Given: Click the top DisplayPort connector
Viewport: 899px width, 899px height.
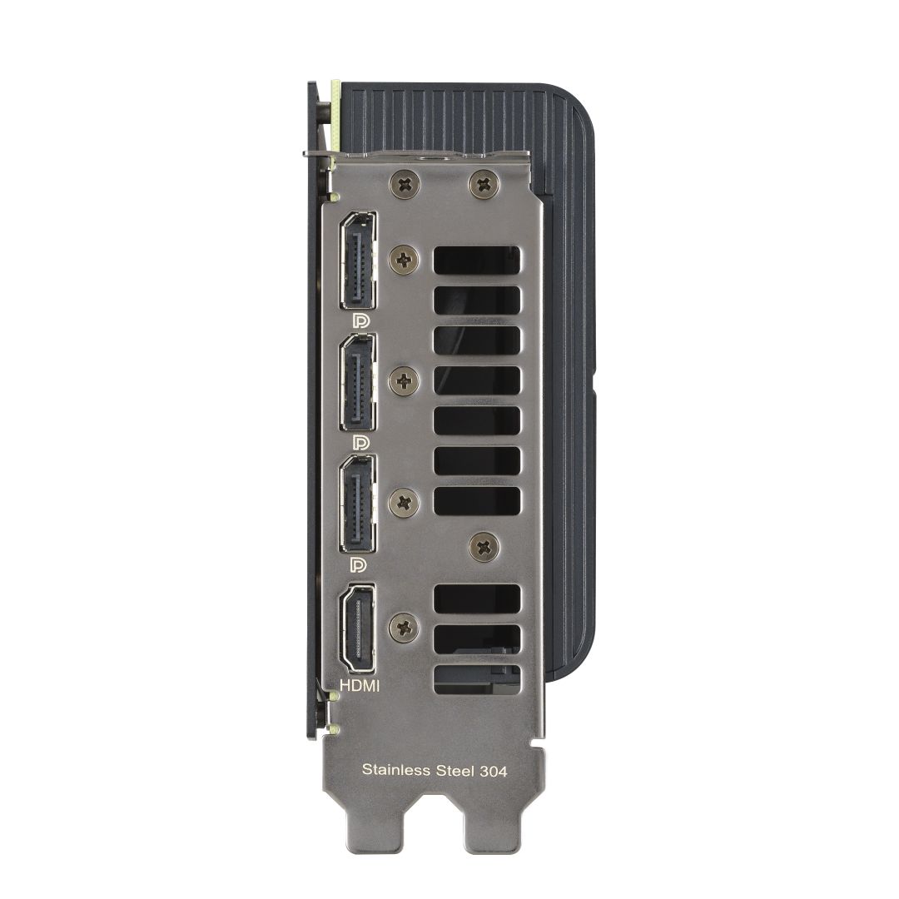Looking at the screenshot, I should pos(357,260).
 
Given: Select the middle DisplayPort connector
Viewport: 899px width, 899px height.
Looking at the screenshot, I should pos(357,382).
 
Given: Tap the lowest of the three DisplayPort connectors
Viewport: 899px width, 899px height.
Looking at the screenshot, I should pos(357,504).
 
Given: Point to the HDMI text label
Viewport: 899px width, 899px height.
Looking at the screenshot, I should pos(360,687).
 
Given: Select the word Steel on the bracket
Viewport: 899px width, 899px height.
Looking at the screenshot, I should pos(456,770).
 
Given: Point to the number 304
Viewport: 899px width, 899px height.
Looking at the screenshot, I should pos(493,770).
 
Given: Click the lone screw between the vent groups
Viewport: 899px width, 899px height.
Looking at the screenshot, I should pos(482,545).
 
